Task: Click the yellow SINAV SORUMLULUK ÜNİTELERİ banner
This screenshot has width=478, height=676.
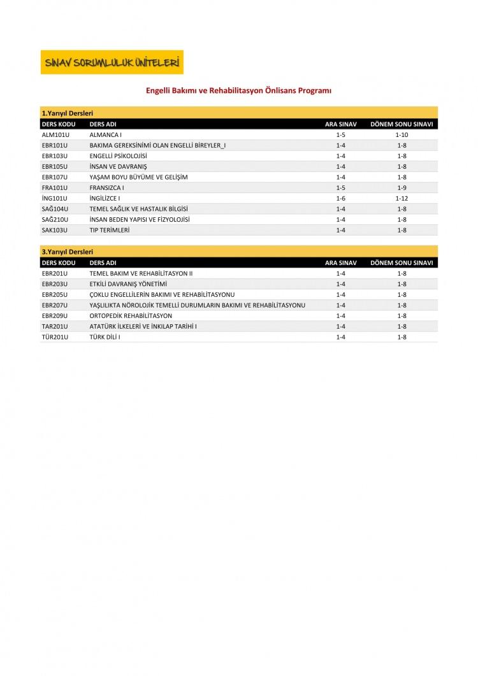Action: coord(112,62)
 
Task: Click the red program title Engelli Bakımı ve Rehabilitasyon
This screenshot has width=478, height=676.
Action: coord(239,91)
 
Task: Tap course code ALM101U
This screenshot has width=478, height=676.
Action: coord(54,135)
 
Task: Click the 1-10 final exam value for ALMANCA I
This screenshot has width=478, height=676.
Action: coord(402,135)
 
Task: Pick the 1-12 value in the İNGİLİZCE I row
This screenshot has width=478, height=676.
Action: coord(402,198)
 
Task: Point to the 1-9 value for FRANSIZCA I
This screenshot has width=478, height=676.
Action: coord(402,188)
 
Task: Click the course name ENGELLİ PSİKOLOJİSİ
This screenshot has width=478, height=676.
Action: coord(119,156)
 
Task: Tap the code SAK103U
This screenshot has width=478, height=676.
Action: coord(54,230)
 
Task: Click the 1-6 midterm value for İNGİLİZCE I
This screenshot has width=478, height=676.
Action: coord(340,198)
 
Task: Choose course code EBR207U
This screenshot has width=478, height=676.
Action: coord(54,305)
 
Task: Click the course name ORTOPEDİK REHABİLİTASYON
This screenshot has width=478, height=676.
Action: coord(131,315)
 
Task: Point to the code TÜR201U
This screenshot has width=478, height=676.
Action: coord(54,336)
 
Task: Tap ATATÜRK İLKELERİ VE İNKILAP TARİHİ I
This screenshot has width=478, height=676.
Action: coord(143,326)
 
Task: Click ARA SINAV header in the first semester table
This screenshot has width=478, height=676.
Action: coord(340,124)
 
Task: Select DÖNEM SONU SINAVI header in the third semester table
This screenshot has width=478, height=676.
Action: coord(402,262)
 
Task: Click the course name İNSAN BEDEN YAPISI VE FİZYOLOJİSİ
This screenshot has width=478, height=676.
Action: coord(140,219)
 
